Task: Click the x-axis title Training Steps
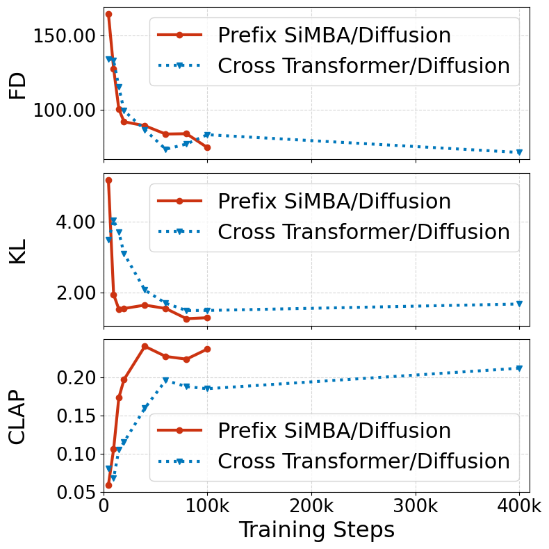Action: pos(316,530)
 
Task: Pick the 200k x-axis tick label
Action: pos(311,505)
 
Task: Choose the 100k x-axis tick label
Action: pos(207,505)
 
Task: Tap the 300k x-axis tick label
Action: pos(415,505)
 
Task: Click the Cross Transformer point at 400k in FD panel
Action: pos(519,152)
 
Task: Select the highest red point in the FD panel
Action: pos(108,14)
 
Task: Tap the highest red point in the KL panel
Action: pos(108,180)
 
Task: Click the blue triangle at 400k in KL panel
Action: pos(519,304)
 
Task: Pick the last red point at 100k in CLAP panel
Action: pos(207,349)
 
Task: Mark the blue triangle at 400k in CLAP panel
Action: pos(519,368)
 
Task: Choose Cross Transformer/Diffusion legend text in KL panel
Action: pos(363,232)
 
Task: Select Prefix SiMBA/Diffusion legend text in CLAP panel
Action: pos(334,430)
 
